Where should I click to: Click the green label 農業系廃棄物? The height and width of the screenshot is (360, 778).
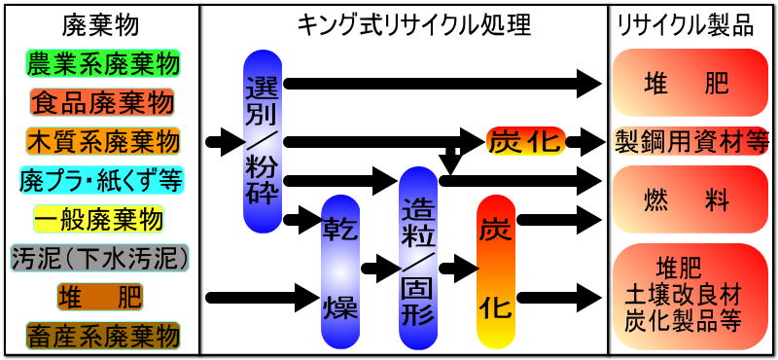(102, 64)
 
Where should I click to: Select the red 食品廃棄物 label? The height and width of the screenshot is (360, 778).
(102, 102)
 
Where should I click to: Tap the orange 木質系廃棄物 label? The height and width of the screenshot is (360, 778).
(102, 141)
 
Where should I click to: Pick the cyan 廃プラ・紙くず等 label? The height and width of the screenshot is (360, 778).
(102, 180)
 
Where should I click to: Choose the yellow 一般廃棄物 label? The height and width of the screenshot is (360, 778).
(102, 219)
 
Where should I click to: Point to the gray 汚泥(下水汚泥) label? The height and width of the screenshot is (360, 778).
(102, 258)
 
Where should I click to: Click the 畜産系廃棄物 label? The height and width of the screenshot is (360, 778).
(102, 336)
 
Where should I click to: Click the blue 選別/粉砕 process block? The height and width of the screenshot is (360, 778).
(263, 141)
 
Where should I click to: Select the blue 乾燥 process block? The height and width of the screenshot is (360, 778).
(340, 270)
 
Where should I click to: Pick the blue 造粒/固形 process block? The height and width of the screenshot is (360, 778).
(419, 258)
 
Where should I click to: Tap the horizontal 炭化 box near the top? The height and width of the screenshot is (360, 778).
(524, 142)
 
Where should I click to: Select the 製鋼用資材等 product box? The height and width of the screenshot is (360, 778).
(690, 142)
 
